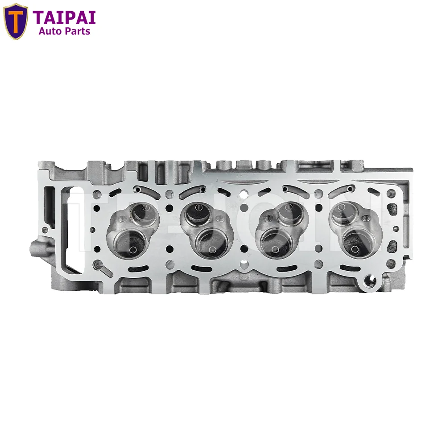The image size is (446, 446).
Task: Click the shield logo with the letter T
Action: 16,21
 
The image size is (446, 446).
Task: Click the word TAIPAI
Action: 64,17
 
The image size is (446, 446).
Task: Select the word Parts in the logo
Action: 78,31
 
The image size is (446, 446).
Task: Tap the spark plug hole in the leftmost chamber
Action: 121,220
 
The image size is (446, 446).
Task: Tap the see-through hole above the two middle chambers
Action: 243,194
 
